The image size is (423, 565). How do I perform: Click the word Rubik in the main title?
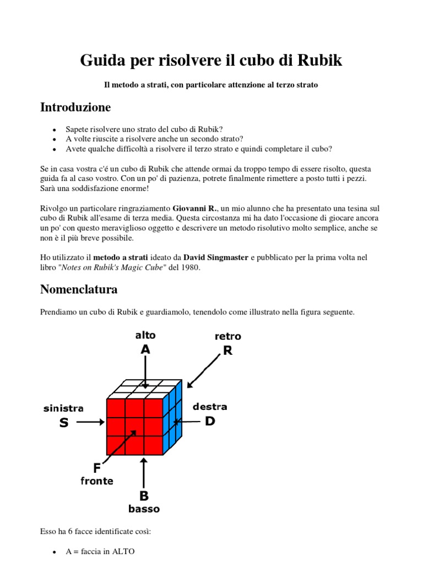click(x=319, y=60)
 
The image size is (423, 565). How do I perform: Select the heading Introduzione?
click(x=75, y=107)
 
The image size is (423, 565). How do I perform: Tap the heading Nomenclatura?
click(x=79, y=289)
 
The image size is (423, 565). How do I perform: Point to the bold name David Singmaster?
click(x=216, y=258)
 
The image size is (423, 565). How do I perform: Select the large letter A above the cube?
click(x=145, y=349)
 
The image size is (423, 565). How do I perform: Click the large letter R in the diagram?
click(x=227, y=350)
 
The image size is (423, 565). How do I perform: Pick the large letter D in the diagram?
click(x=210, y=421)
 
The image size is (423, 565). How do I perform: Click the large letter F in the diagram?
click(x=97, y=468)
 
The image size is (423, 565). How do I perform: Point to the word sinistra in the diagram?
click(x=63, y=409)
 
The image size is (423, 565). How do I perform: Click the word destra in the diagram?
click(x=210, y=407)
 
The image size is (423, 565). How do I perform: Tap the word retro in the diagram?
click(x=227, y=337)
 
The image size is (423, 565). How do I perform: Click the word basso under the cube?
click(x=144, y=509)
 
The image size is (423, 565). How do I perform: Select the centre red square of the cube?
click(x=134, y=427)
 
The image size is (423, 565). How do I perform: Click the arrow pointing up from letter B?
click(x=144, y=472)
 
